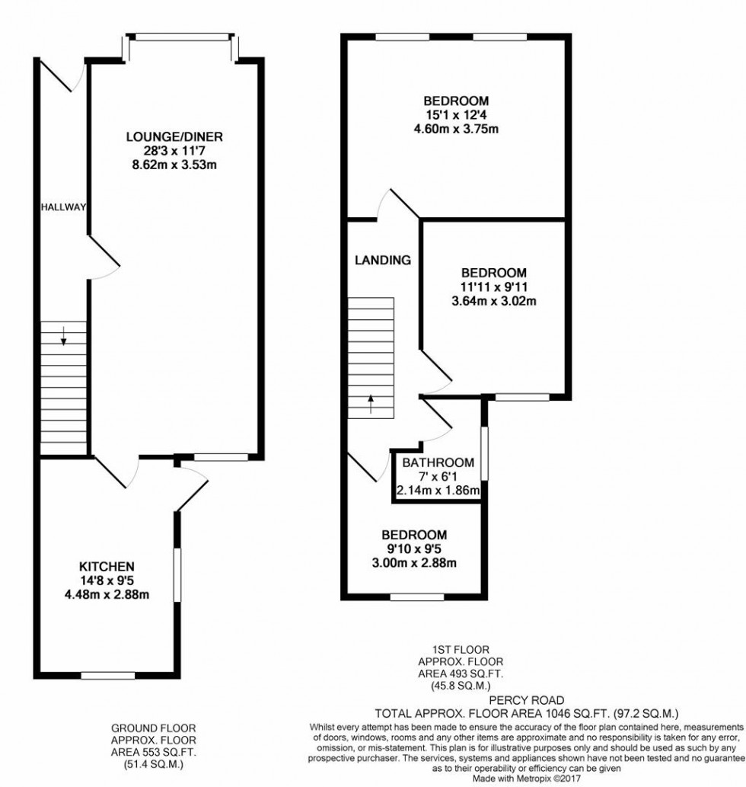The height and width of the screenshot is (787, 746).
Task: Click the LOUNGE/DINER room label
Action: coord(174,137)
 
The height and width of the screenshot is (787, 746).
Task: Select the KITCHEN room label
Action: coord(107,566)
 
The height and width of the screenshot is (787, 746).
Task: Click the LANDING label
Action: coord(383,260)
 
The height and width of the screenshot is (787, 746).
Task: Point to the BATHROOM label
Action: coord(438,462)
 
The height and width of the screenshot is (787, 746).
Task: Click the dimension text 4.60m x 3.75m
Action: coord(456,129)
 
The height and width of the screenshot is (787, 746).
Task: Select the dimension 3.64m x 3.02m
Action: coord(494,301)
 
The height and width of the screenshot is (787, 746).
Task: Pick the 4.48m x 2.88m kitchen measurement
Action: coord(107,594)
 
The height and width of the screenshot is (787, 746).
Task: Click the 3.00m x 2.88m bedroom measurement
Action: coord(414,563)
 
